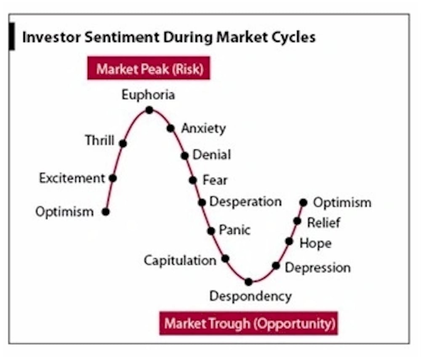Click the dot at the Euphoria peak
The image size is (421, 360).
pos(149,110)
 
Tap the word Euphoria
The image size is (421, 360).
pos(148,95)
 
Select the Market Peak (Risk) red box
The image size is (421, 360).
pos(149,68)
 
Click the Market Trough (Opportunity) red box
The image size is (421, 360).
pos(249,323)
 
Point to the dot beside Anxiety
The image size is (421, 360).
pos(171,128)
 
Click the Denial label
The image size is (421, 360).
pos(212,155)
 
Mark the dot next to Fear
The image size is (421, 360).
pos(193,180)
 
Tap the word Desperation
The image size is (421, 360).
pos(245,202)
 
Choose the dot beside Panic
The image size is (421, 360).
pos(211,231)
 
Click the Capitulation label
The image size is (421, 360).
pos(180,260)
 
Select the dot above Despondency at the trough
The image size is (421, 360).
pos(249,282)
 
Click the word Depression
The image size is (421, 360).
pos(318,268)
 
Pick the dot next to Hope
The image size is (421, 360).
pos(289,241)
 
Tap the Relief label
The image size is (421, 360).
pos(323,223)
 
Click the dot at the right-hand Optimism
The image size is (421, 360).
pos(303,203)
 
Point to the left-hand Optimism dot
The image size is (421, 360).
pos(106,212)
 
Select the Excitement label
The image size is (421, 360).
pos(72,178)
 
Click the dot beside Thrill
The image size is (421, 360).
pos(123,144)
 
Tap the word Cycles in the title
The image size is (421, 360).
pos(293,37)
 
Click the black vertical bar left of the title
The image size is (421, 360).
pos(11,36)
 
